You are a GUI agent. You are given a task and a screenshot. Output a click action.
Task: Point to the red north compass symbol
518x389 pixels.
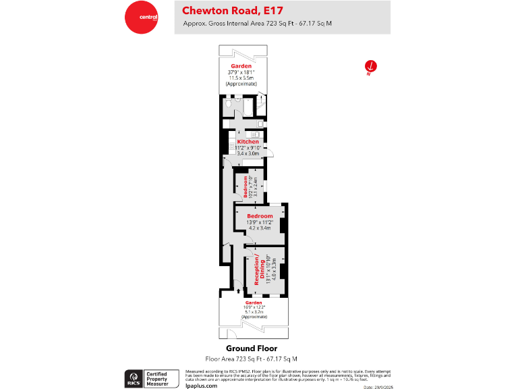click(370, 66)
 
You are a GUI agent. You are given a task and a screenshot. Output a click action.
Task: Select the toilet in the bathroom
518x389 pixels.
click(230, 102)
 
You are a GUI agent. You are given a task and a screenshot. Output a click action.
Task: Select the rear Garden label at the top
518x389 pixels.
click(241, 66)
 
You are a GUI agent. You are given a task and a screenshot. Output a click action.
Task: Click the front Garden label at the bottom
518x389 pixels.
click(254, 303)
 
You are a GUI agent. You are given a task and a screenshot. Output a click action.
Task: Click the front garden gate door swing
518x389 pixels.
click(232, 335)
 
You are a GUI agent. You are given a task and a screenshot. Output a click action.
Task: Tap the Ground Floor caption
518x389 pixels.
click(251, 348)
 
